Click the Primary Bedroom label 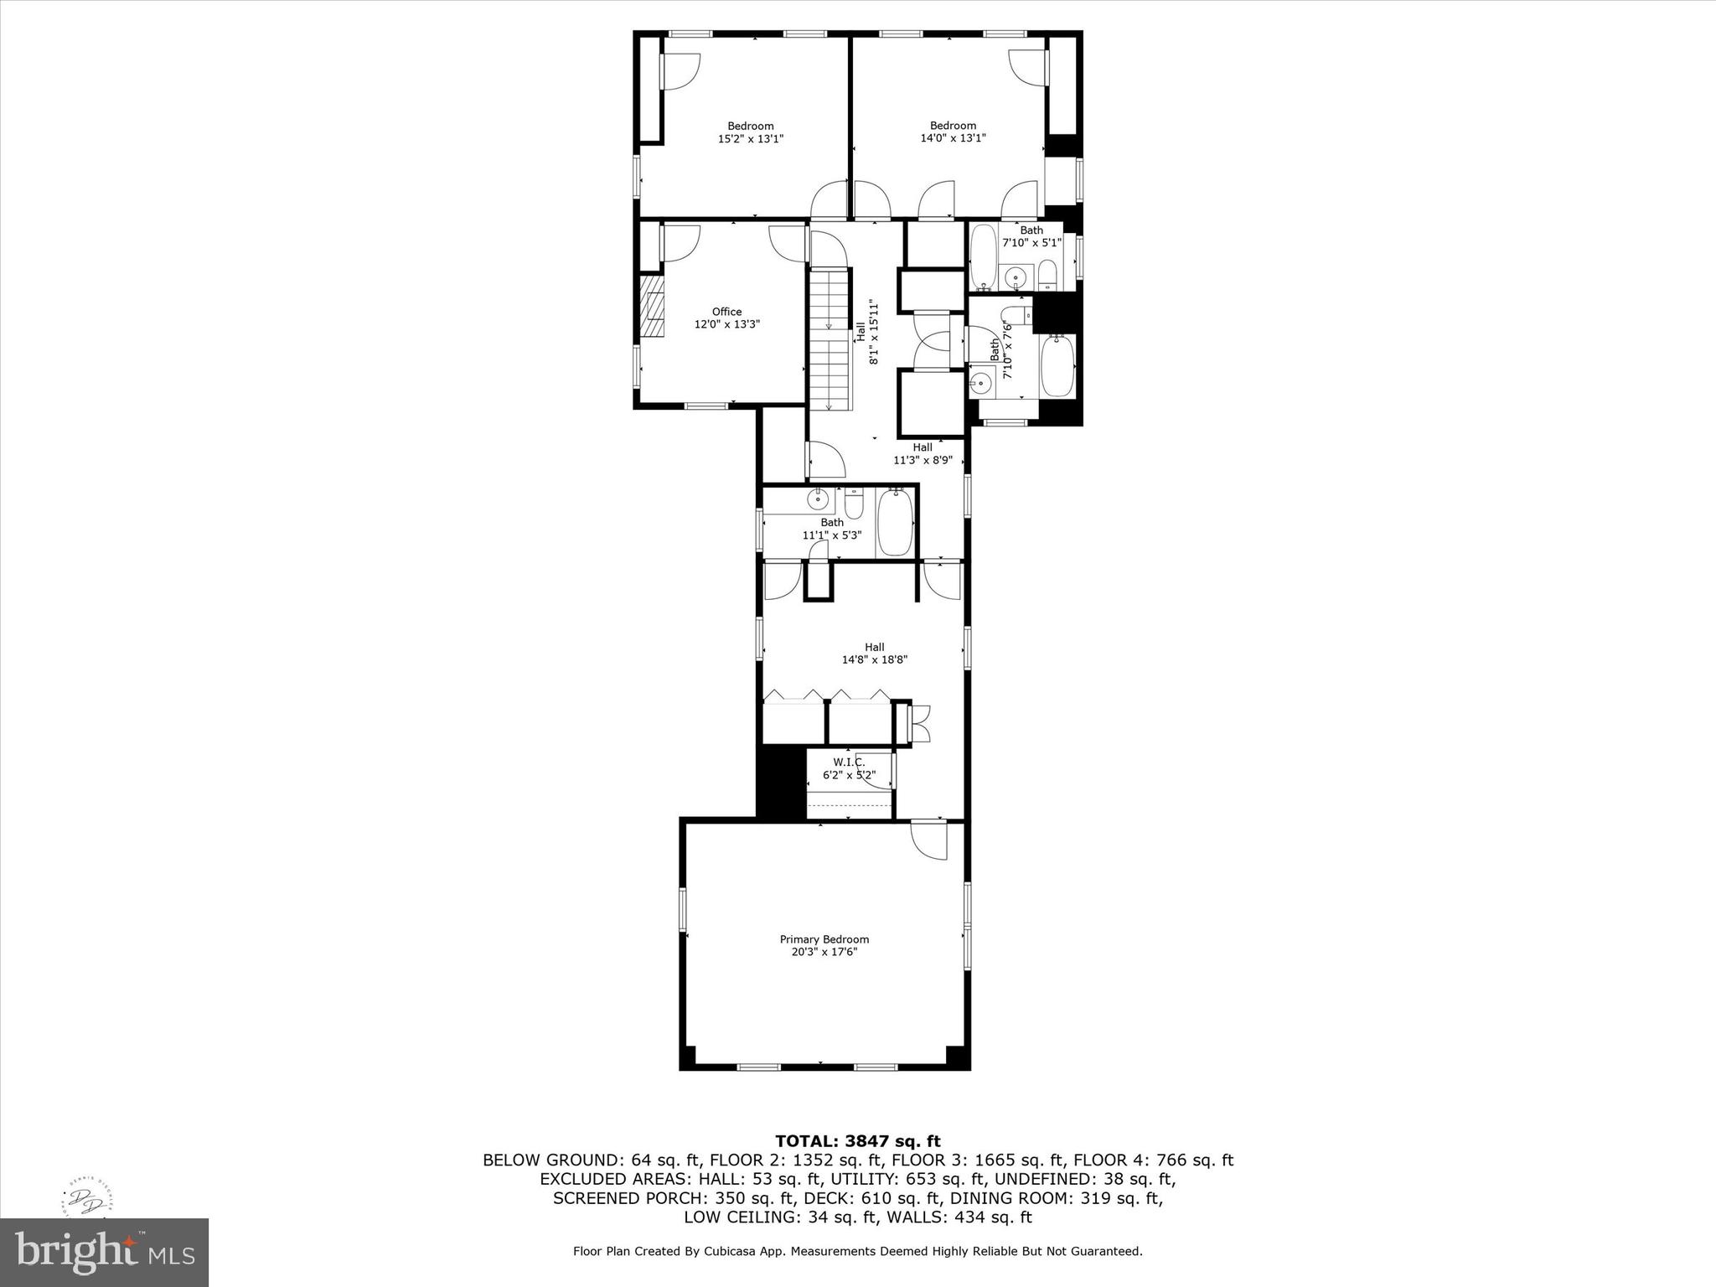tap(824, 939)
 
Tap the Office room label tap(726, 312)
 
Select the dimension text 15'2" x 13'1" tap(750, 139)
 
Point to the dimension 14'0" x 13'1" tap(953, 138)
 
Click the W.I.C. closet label tap(848, 762)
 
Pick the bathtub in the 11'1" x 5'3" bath tap(894, 523)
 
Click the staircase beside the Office tap(829, 339)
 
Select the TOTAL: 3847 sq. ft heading tap(857, 1141)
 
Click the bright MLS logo tap(104, 1252)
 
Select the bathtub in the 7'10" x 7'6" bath tap(1057, 366)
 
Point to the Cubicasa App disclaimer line tap(857, 1251)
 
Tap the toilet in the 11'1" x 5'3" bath tap(854, 505)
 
